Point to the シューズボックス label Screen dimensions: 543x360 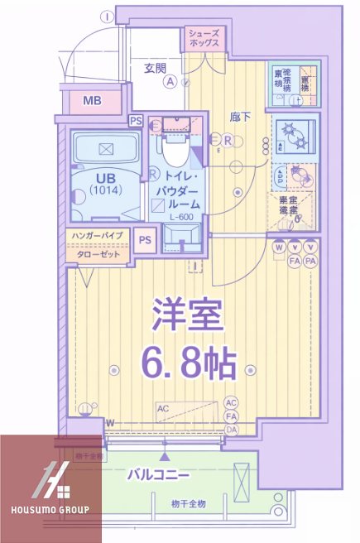click(204, 36)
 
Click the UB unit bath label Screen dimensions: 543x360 click(105, 178)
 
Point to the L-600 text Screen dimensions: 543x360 click(182, 217)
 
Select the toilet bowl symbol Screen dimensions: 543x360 click(175, 151)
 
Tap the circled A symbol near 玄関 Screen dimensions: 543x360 click(170, 81)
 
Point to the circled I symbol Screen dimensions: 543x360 click(108, 15)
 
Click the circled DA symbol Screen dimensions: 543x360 click(232, 430)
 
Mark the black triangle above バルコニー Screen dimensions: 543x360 click(165, 456)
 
